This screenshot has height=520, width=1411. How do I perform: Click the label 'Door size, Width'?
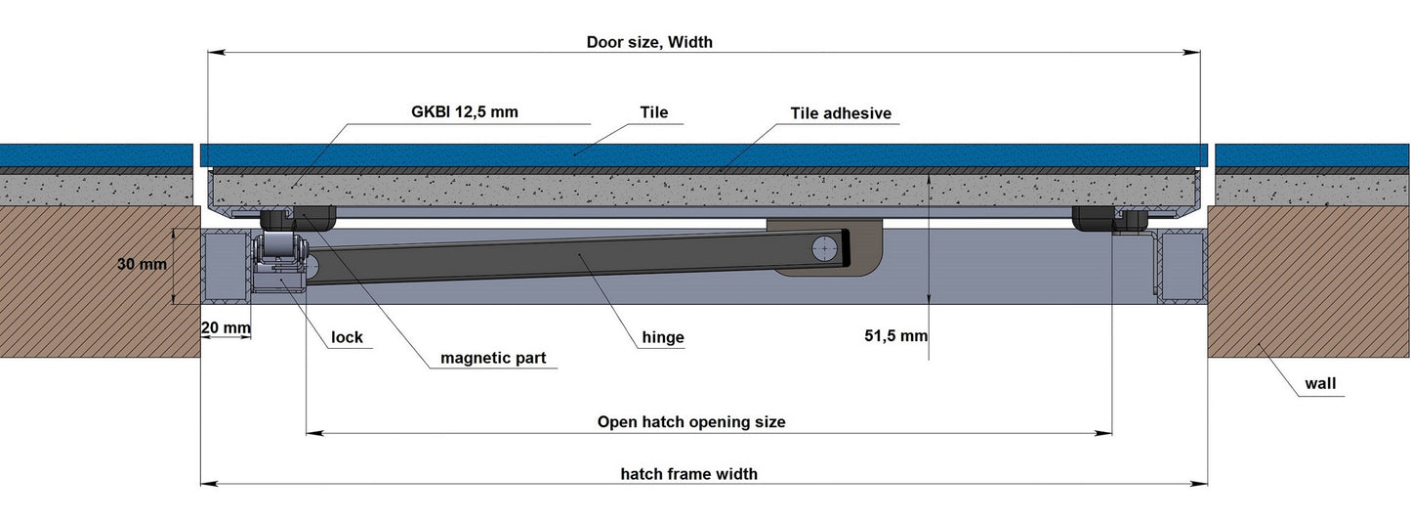coord(649,42)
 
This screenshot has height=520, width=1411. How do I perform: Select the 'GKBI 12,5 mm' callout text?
coord(464,111)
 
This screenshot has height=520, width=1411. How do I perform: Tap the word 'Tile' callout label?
coord(654,112)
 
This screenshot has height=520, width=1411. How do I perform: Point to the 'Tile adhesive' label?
coord(841,113)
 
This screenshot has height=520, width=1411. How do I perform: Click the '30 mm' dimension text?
coord(142,264)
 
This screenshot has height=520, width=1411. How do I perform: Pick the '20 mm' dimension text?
coord(224,327)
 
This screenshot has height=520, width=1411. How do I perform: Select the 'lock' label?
coord(347,338)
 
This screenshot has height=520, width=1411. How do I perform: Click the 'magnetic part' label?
coord(493,358)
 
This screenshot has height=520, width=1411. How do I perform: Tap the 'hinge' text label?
coord(663,338)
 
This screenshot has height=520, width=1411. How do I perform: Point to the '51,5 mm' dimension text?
coord(895,336)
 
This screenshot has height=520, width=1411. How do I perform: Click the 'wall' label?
coord(1320,384)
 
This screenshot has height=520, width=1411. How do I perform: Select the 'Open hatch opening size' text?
coord(691,422)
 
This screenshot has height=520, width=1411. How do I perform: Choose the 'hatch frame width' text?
coord(689,474)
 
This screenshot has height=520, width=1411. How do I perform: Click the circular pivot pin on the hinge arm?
coord(826,249)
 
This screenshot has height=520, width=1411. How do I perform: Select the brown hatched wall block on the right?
coord(1308,283)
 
